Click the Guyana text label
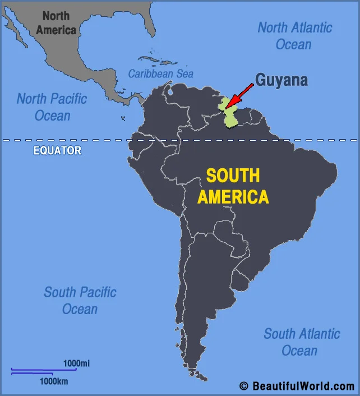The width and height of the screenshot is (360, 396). pos(281,80)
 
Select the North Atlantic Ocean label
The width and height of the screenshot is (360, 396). pos(295,35)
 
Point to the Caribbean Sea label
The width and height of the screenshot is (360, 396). pos(161,73)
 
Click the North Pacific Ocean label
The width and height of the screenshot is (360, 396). pos(52,107)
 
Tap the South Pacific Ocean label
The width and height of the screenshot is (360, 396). pos(80,301)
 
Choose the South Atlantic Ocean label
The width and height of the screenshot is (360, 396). pos(302,342)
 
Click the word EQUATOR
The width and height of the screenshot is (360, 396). pos(57,150)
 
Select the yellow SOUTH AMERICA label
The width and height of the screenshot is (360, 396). pos(233,186)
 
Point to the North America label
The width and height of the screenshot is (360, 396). pos(56,23)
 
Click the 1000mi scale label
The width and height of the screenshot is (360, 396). pos(76,363)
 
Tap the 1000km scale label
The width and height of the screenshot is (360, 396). pos(54,381)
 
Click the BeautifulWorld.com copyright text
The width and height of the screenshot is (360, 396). pos(303,386)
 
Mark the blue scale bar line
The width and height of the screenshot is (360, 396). pos(43,370)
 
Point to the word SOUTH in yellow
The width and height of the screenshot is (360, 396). pos(233,176)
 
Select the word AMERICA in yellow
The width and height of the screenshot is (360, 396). pos(233,197)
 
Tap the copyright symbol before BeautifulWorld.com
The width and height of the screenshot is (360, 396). pos(243,386)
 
